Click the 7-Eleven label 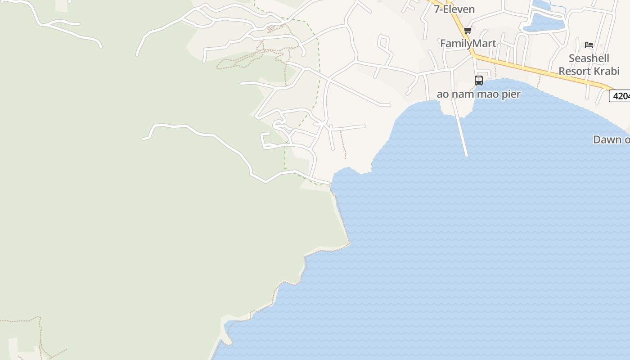[454, 9]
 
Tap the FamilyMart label [468, 44]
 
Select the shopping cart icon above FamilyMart [468, 31]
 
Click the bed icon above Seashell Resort [589, 45]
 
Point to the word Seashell [589, 58]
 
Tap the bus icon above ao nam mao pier [479, 81]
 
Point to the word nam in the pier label [464, 94]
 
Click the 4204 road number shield [620, 96]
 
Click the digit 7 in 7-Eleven [436, 9]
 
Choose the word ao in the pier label [442, 94]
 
